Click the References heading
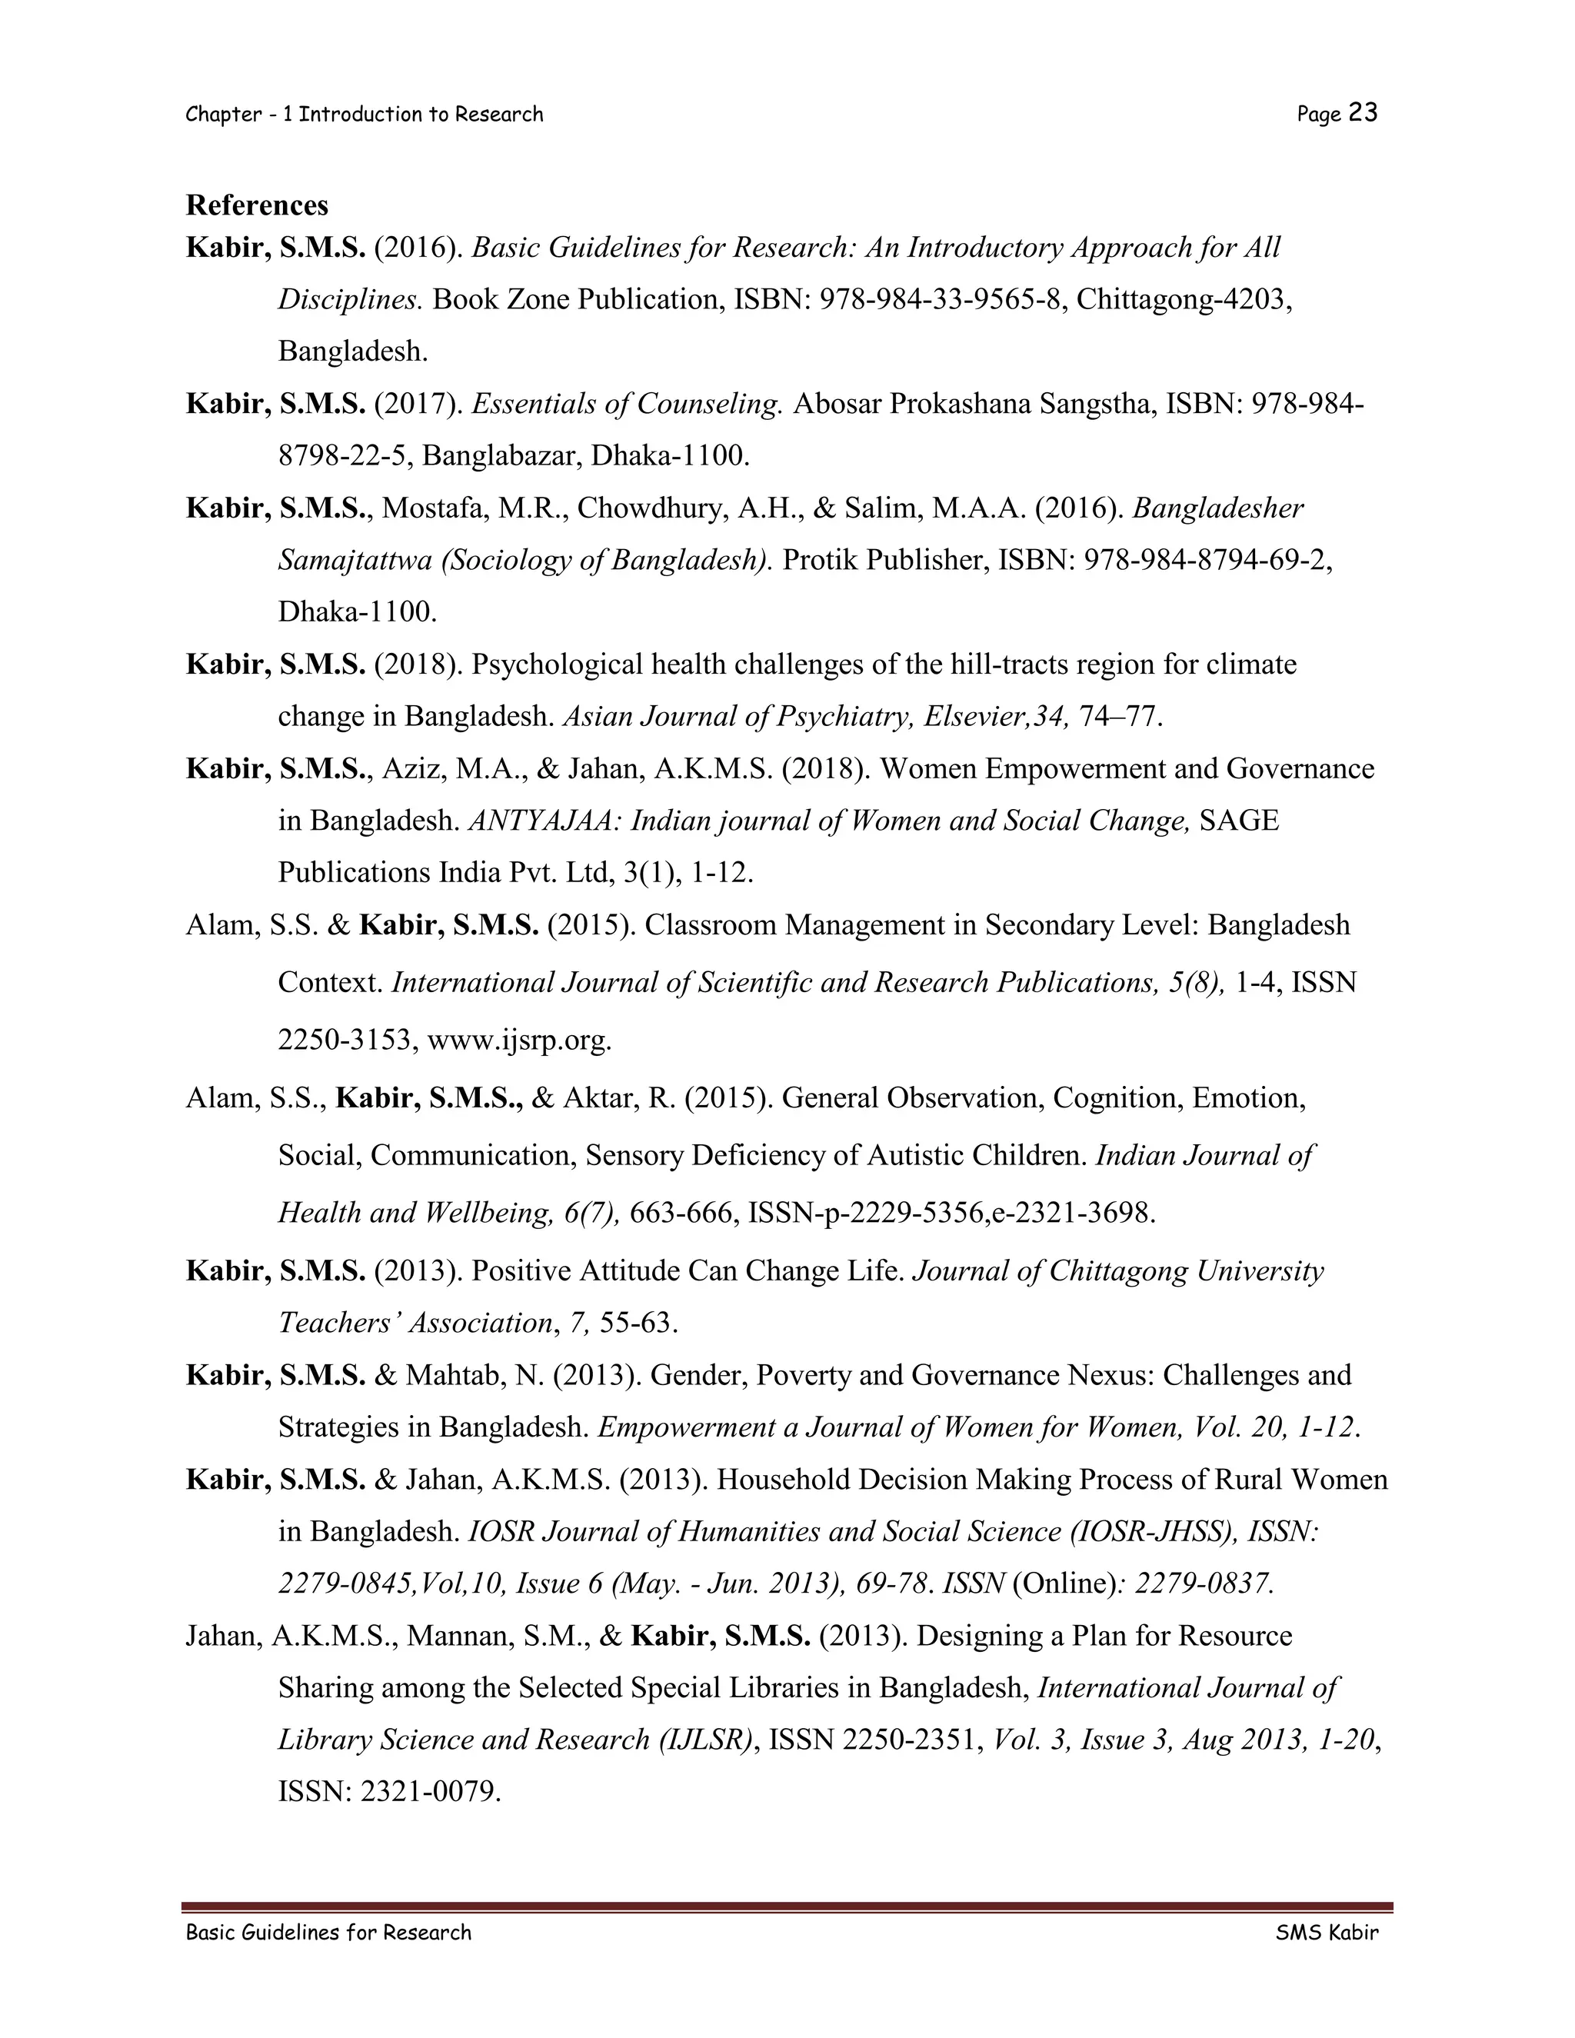(257, 205)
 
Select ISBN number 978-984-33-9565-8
(942, 299)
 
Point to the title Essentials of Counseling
(626, 404)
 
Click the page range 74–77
(1120, 717)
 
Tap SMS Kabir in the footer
(1326, 1933)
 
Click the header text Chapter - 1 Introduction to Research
(364, 115)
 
